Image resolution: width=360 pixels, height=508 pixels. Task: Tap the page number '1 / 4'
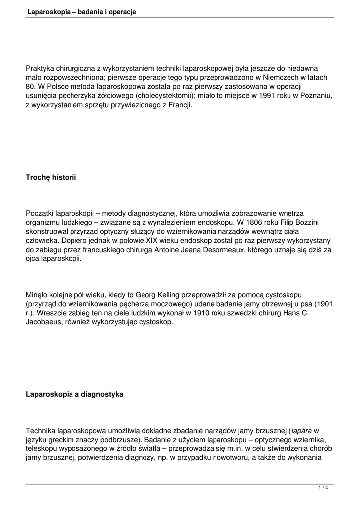point(323,488)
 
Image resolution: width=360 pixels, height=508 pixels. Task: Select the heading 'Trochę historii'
point(51,177)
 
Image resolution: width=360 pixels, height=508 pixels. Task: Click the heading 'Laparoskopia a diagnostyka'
point(74,395)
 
